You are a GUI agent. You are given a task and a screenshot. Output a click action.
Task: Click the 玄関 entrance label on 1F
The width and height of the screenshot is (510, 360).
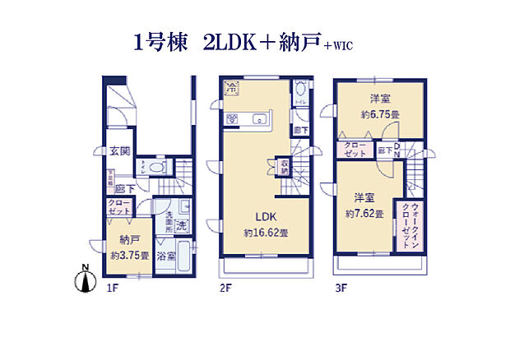click(x=119, y=151)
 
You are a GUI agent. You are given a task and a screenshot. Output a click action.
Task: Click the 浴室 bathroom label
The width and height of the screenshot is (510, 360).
click(x=167, y=256)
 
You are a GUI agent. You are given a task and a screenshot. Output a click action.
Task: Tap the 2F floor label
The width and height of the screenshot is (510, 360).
click(x=226, y=288)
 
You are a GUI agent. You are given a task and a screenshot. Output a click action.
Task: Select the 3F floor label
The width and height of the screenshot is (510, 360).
click(x=341, y=288)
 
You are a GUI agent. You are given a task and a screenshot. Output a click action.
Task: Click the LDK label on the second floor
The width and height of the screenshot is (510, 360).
click(x=264, y=216)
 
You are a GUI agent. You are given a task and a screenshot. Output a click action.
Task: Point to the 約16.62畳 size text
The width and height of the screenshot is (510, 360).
click(x=265, y=233)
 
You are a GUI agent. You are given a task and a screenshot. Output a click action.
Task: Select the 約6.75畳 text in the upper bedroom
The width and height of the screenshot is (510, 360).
click(x=378, y=115)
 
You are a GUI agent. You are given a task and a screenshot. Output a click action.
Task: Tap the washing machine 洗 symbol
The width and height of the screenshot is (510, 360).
click(x=182, y=226)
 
